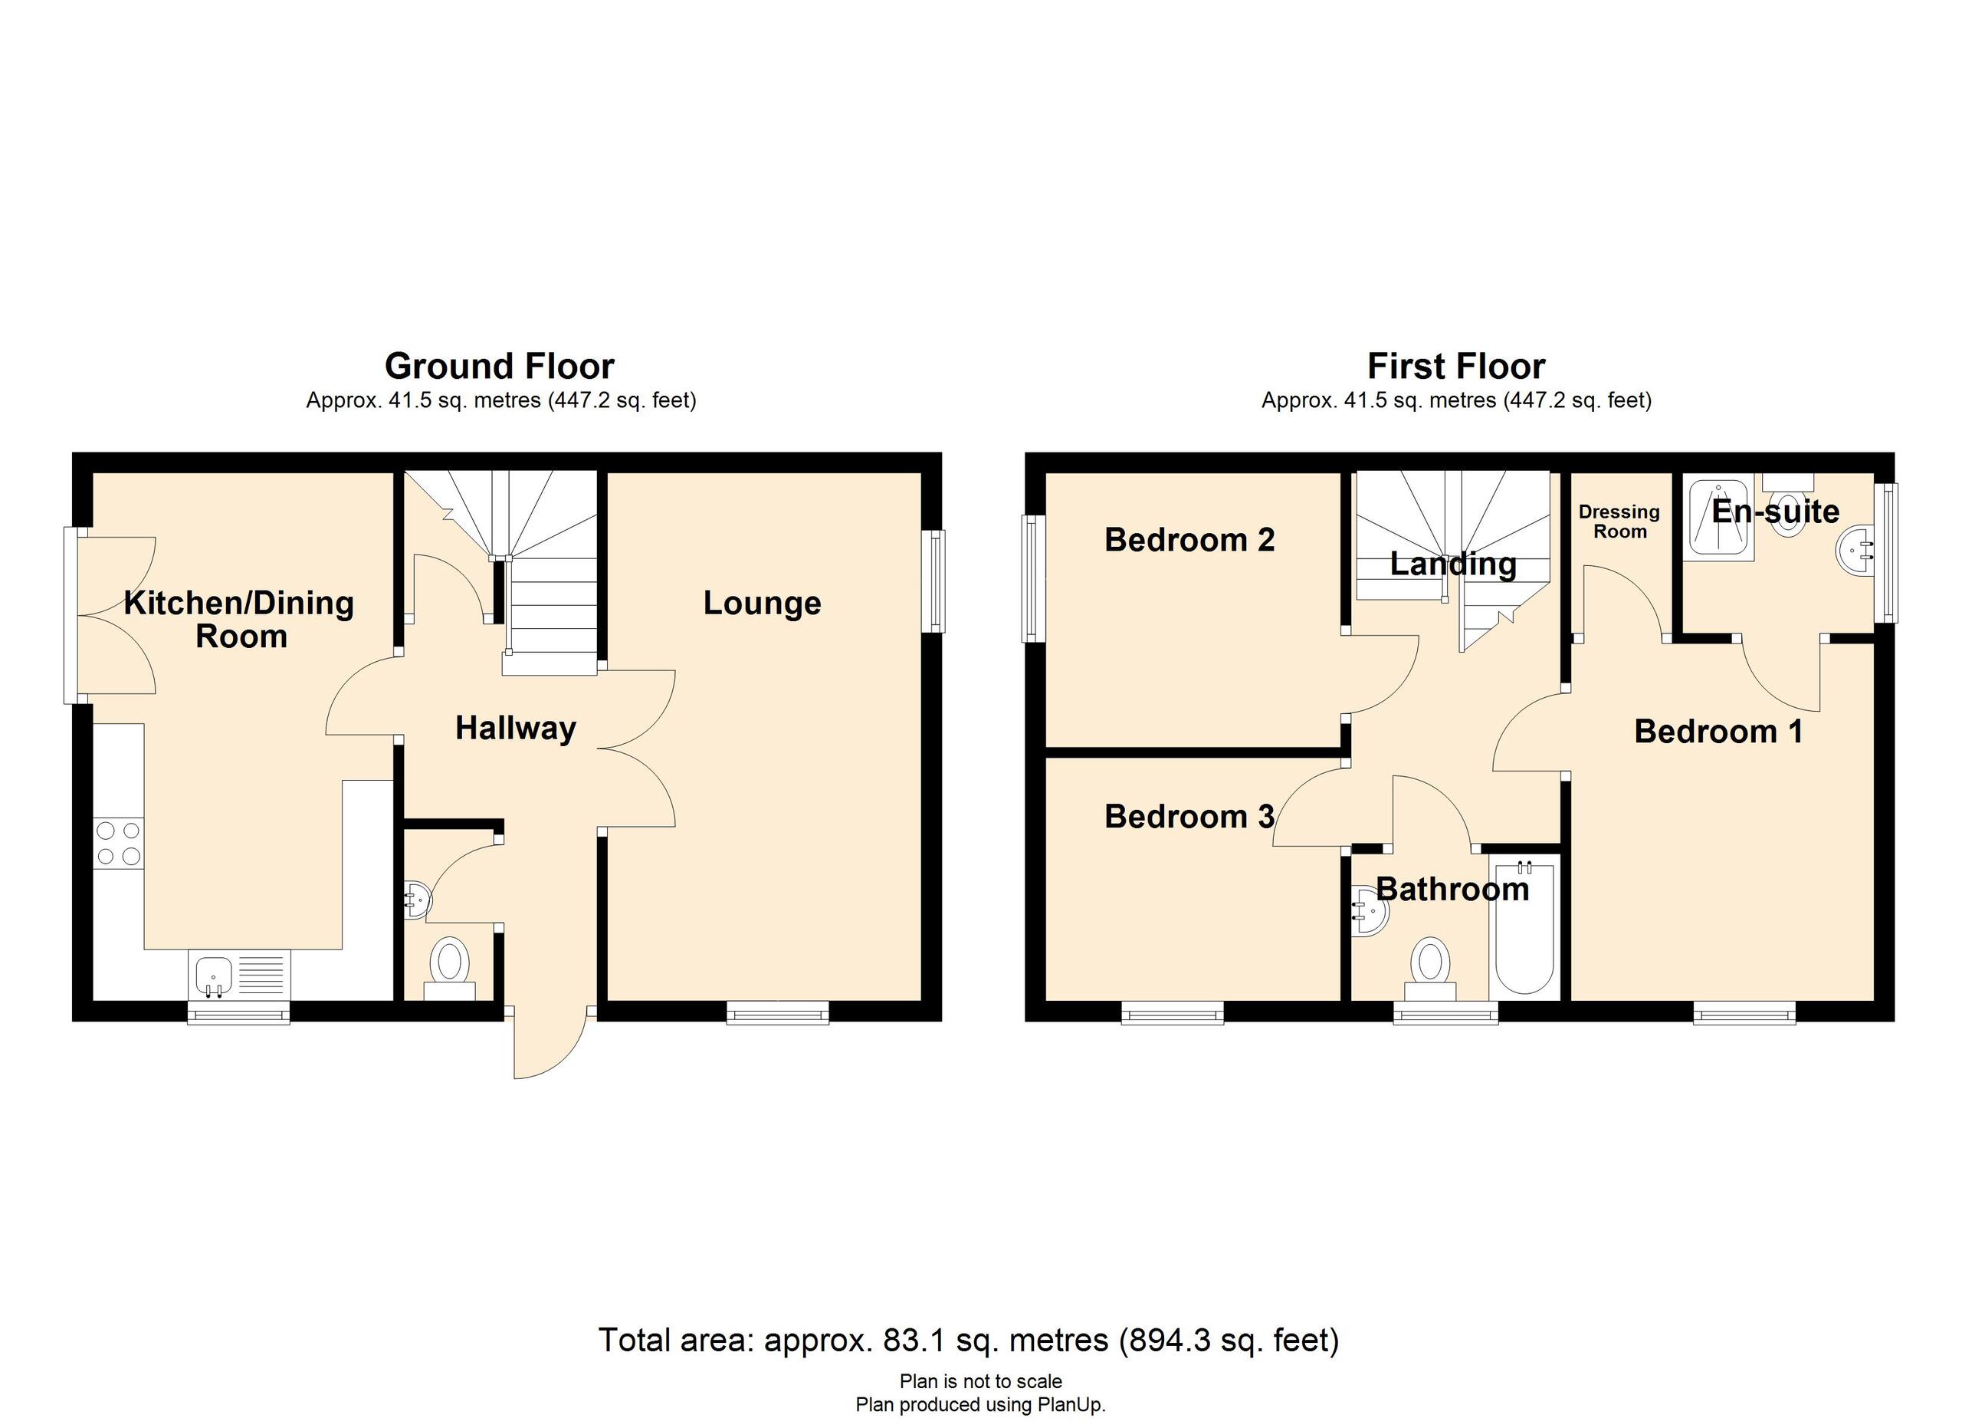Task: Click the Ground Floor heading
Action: [x=499, y=366]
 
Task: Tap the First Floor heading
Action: [x=1456, y=366]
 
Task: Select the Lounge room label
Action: [x=761, y=604]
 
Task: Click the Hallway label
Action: [x=516, y=728]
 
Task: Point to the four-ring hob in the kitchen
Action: [x=119, y=843]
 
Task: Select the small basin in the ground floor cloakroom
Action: [x=418, y=901]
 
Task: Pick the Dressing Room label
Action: [x=1619, y=522]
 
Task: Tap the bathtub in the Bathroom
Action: [x=1524, y=926]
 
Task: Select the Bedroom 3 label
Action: [x=1189, y=816]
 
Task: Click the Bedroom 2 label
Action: [x=1189, y=540]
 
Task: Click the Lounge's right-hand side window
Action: [x=936, y=581]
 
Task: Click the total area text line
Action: [x=968, y=1340]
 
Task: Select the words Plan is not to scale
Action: [x=980, y=1381]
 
